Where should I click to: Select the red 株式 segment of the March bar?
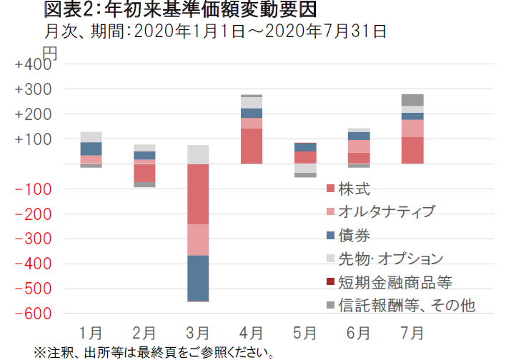point(198,194)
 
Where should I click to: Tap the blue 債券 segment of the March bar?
point(198,278)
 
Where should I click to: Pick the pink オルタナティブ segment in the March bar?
point(198,239)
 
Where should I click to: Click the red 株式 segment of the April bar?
point(251,146)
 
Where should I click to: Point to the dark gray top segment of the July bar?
point(412,100)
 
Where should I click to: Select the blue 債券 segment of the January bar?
point(91,149)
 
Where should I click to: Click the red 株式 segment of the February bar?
point(144,173)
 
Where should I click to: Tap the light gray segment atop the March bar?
point(198,154)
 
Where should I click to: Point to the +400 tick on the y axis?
point(33,65)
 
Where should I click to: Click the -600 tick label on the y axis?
point(33,314)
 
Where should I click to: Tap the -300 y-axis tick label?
point(33,239)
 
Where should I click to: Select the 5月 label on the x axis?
point(305,333)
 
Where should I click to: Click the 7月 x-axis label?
point(412,333)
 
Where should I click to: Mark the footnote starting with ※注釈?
point(154,352)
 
